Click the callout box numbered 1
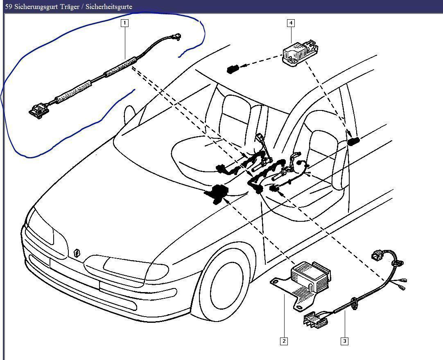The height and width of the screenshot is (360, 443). (x=124, y=23)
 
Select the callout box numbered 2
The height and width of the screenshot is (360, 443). (x=284, y=341)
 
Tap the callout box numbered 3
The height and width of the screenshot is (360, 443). (x=344, y=341)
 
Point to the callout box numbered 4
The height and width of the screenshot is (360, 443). (x=291, y=23)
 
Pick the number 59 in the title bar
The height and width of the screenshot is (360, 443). (x=8, y=7)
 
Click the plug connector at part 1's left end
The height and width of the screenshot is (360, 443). (x=37, y=111)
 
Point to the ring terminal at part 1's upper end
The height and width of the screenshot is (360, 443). (x=177, y=37)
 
